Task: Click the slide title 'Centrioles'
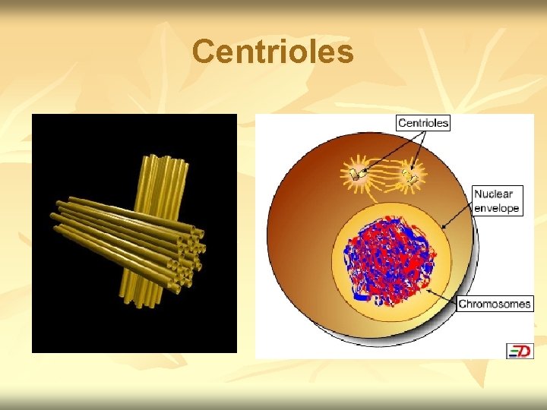[x=273, y=52]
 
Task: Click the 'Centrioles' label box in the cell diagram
[x=423, y=122]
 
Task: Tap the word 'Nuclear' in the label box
[x=493, y=194]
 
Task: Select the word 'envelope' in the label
[x=496, y=207]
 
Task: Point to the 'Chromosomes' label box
[x=495, y=304]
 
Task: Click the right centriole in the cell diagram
[x=409, y=176]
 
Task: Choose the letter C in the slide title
[x=204, y=52]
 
